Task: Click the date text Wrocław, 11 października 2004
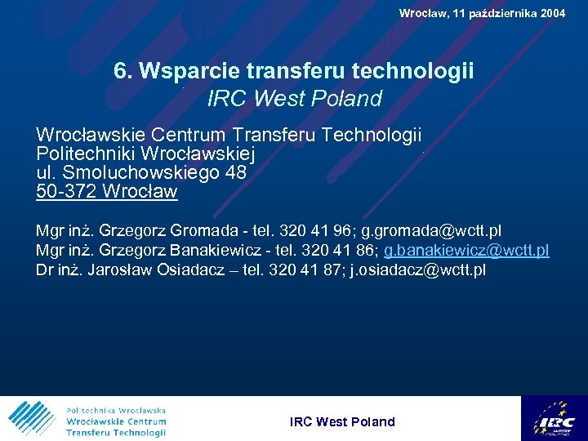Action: [x=482, y=13]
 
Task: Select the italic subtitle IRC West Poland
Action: [x=295, y=99]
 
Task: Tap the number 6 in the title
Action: [x=121, y=71]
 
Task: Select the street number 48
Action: [x=235, y=173]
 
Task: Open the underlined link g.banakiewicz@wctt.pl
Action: [x=466, y=250]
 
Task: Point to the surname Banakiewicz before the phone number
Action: [x=213, y=250]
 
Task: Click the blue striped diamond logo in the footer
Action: [x=31, y=418]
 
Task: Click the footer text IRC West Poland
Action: [x=342, y=422]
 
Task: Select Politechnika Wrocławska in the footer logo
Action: [x=116, y=410]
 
